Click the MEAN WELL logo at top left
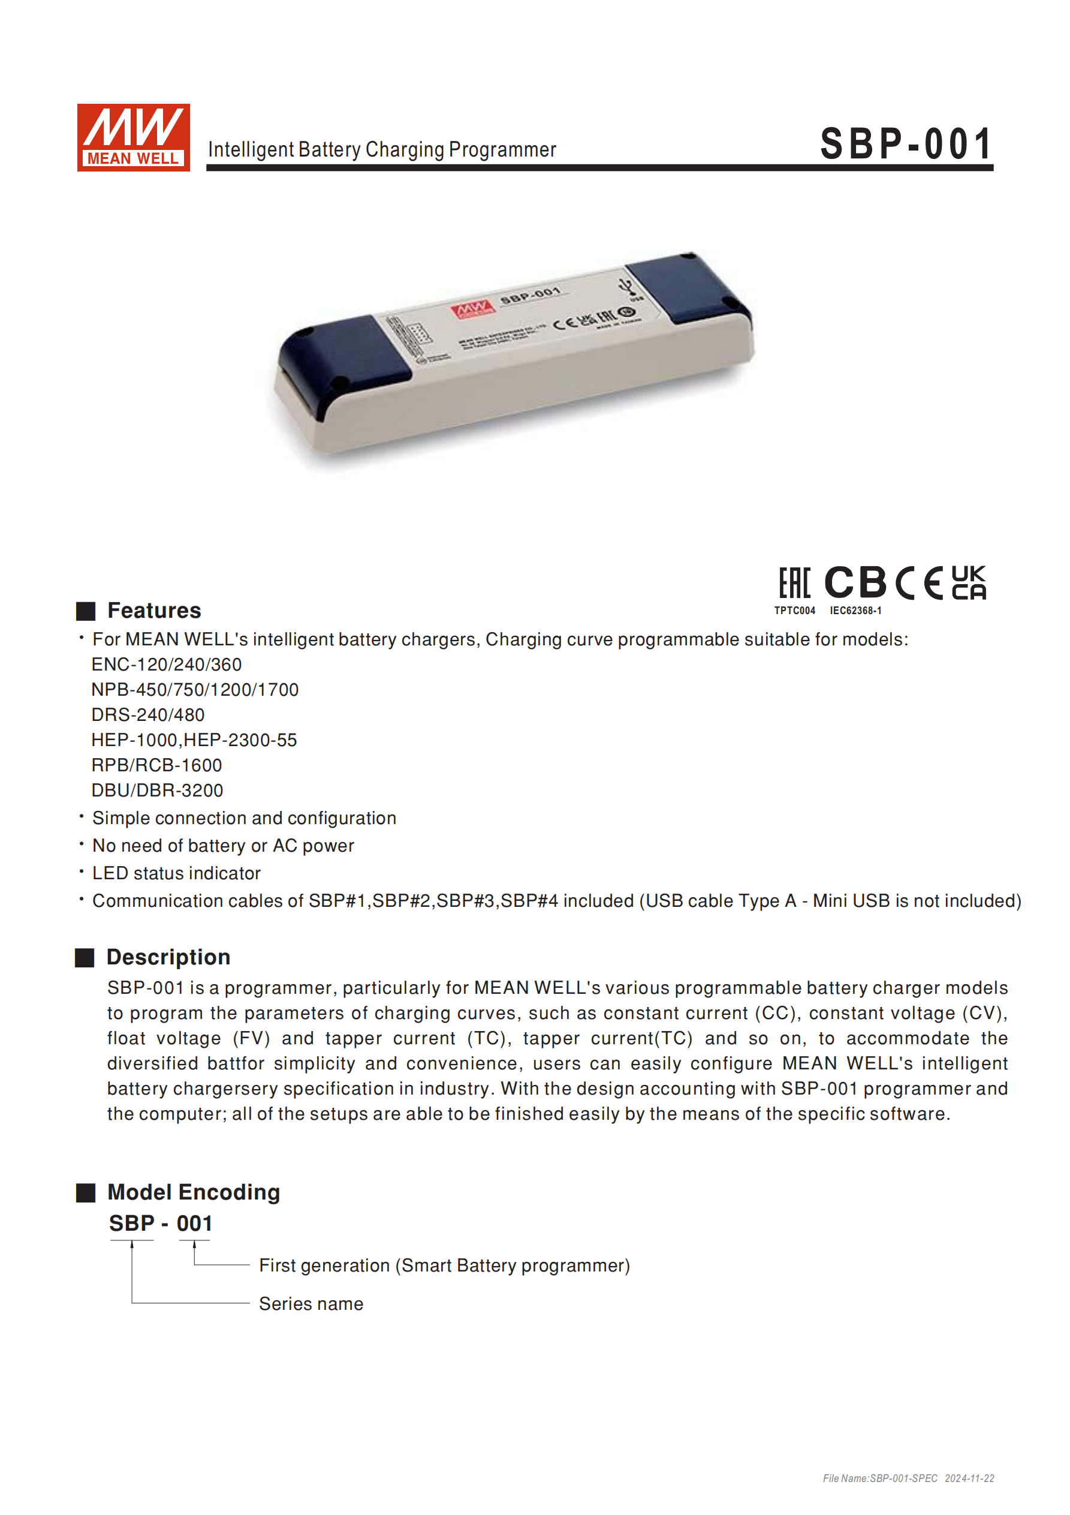click(x=133, y=137)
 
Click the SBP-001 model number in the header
click(x=906, y=144)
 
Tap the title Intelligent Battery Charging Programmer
click(x=382, y=150)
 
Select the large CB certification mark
click(x=855, y=582)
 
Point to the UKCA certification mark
click(x=969, y=582)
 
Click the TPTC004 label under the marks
click(x=794, y=611)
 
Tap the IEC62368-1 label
click(x=855, y=611)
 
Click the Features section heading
click(x=153, y=611)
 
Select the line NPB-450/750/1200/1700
click(x=195, y=690)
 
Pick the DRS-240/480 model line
click(x=148, y=714)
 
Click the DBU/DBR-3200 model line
click(x=157, y=790)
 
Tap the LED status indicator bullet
click(x=176, y=873)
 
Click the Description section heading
click(x=168, y=957)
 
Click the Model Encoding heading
click(x=193, y=1192)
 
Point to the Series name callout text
click(x=311, y=1304)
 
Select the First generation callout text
click(x=444, y=1265)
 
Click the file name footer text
click(x=908, y=1478)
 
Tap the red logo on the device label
click(x=472, y=308)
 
